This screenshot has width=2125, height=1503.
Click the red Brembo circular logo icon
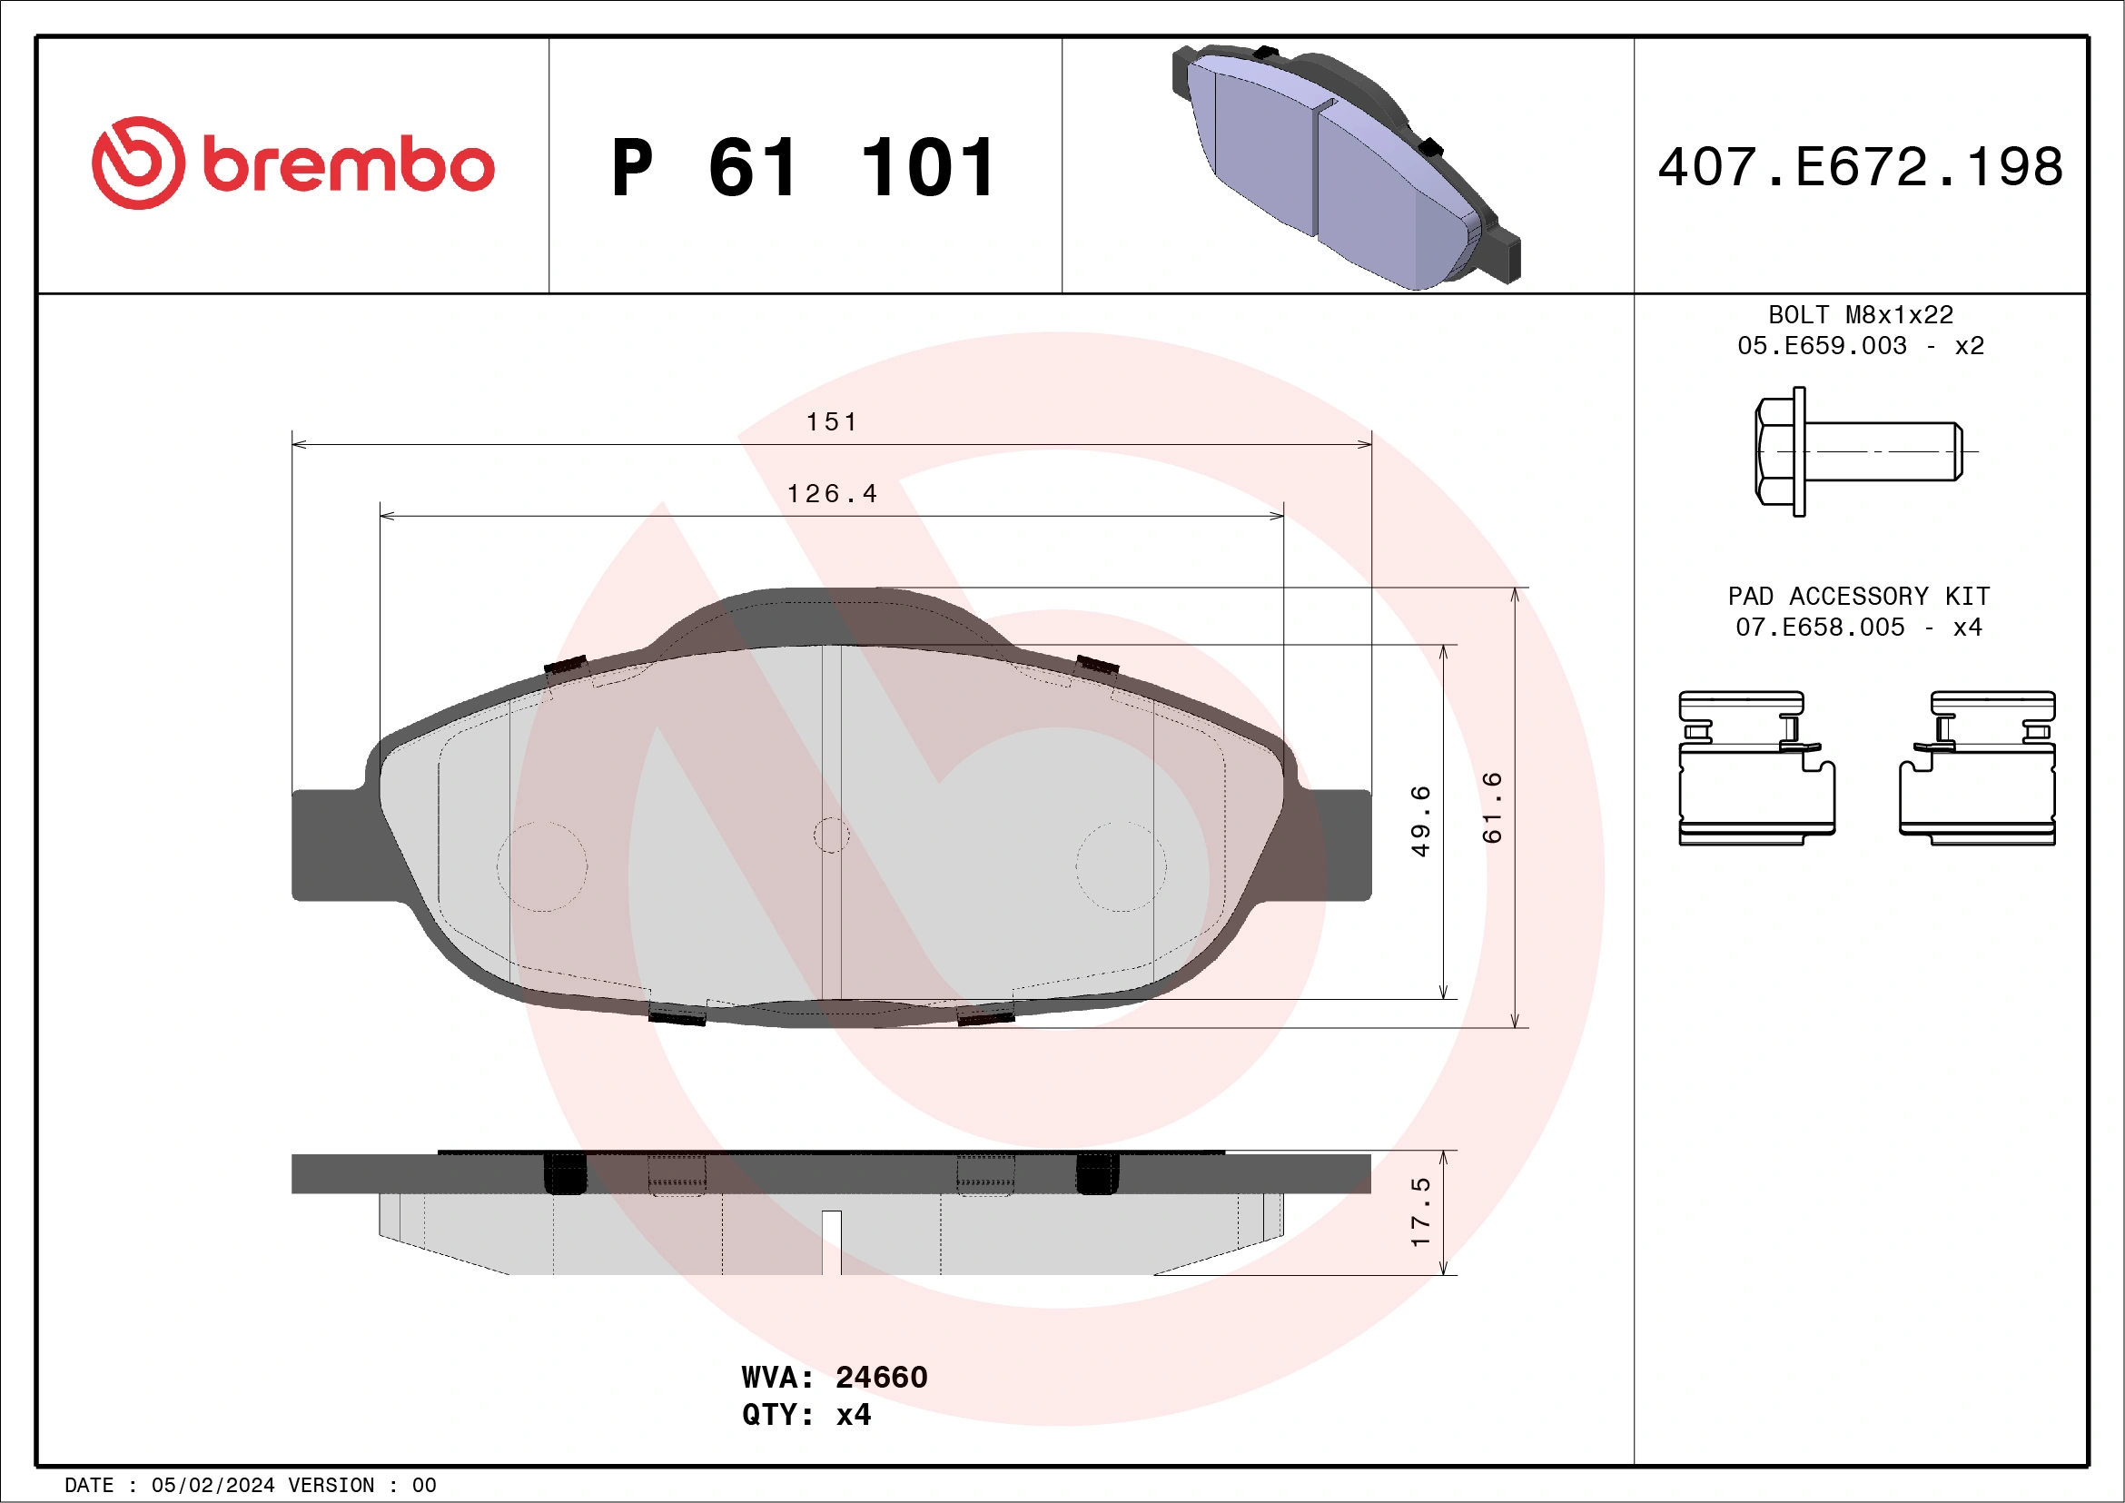coord(138,163)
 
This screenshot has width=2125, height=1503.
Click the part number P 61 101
coord(804,168)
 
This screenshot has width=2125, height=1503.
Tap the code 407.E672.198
coord(1861,167)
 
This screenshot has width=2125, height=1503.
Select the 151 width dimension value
coord(831,422)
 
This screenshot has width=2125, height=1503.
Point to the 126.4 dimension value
coord(831,494)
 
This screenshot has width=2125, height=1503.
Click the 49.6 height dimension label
coord(1420,821)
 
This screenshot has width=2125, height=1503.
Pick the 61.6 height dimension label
coord(1492,807)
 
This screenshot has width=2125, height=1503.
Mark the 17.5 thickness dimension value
coord(1420,1212)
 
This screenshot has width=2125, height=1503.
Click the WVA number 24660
coord(881,1378)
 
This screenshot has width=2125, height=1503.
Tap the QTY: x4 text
coord(806,1415)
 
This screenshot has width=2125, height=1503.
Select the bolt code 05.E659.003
coord(1822,346)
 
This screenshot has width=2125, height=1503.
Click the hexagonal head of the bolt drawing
coord(1774,451)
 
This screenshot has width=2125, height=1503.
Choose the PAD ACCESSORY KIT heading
coord(1858,596)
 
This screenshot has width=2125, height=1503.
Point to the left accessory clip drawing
coord(1755,768)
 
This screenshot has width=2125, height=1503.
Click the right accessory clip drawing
coord(1977,768)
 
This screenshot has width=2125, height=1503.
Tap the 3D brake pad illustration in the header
coord(1347,166)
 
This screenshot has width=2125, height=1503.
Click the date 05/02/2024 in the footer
coord(212,1486)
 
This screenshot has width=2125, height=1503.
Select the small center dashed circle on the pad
coord(831,835)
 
